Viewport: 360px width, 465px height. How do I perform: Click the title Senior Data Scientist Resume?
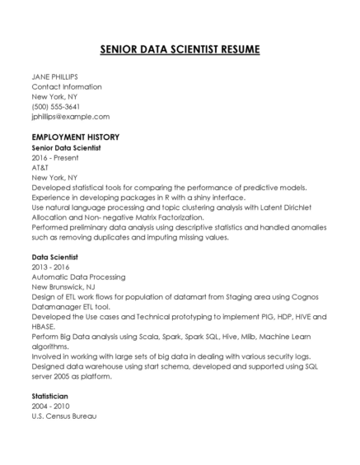(180, 49)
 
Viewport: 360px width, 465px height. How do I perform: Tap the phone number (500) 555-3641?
(55, 106)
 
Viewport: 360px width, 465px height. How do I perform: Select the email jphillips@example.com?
(70, 117)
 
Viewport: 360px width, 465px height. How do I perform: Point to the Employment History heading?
(76, 137)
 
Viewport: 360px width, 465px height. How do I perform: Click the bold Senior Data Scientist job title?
(66, 147)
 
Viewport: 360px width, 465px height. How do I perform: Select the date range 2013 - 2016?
(50, 267)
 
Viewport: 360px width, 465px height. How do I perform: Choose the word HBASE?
(43, 328)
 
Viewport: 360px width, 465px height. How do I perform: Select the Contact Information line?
(67, 86)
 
